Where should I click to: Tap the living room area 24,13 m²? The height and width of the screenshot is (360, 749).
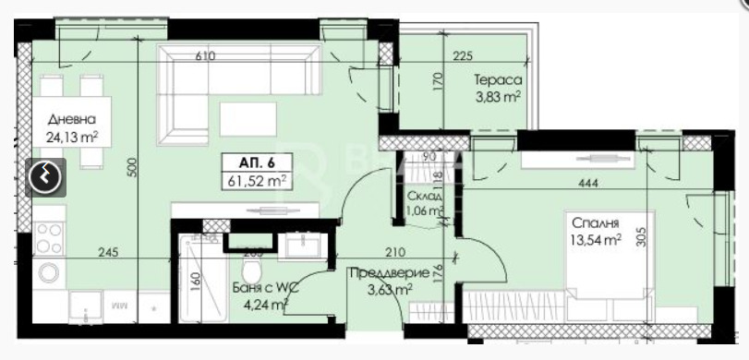tap(73, 138)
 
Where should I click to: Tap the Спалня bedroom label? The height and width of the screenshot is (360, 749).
tap(595, 224)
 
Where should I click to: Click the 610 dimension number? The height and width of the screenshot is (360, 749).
tap(205, 56)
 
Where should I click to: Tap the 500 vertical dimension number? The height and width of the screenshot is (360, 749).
tap(132, 167)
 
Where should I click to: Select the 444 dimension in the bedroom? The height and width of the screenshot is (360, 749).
tap(588, 183)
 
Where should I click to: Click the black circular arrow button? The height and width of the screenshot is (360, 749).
tap(46, 176)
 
